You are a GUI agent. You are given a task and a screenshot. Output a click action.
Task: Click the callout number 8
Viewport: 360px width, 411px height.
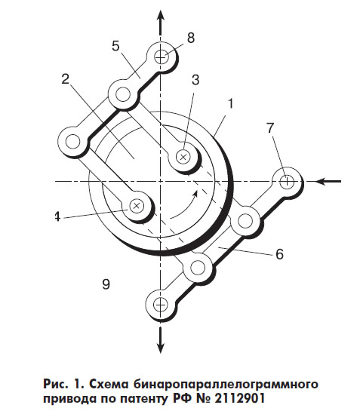point(191,38)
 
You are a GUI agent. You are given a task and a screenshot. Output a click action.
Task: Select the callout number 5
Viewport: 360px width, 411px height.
point(115,46)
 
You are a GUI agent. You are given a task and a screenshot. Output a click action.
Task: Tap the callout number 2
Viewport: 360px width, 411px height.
point(66,78)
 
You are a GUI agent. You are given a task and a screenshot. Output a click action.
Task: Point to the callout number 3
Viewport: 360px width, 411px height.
point(195,80)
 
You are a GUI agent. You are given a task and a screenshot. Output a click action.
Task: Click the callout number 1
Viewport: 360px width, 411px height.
point(230,103)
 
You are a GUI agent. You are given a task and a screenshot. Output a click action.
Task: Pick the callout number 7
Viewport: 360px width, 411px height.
point(270,128)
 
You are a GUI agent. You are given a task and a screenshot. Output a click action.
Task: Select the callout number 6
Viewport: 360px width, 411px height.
point(280,253)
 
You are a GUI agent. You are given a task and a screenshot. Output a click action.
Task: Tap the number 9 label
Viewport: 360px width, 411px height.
point(106,284)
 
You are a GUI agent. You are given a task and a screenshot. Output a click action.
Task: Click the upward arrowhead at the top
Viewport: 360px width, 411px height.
point(161,17)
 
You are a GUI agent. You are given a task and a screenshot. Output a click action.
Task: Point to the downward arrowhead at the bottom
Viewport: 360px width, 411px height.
point(160,345)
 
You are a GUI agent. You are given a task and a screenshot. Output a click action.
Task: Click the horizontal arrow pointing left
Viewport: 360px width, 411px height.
point(328,181)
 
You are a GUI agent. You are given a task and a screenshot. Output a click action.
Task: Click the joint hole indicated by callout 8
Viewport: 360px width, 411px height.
point(161,57)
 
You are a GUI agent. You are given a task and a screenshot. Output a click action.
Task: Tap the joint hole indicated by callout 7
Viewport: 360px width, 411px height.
point(287,182)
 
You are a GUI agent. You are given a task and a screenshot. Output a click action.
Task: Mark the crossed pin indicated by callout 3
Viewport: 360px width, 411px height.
point(183,157)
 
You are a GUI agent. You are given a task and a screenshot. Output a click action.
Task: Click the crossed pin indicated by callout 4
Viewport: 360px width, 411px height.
point(136,205)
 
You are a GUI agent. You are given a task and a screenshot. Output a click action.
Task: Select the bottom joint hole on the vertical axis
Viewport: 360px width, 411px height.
point(160,305)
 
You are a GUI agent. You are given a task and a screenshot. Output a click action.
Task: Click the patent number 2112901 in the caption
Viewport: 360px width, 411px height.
point(240,399)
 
